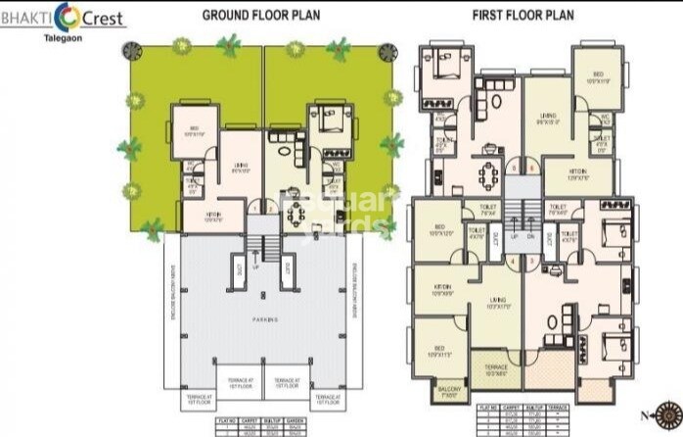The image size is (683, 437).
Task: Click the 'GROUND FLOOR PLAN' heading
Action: (260, 15)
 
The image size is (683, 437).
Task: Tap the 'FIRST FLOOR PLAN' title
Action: (523, 15)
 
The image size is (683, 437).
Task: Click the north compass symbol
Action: (667, 413)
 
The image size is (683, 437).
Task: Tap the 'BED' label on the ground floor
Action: (195, 129)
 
